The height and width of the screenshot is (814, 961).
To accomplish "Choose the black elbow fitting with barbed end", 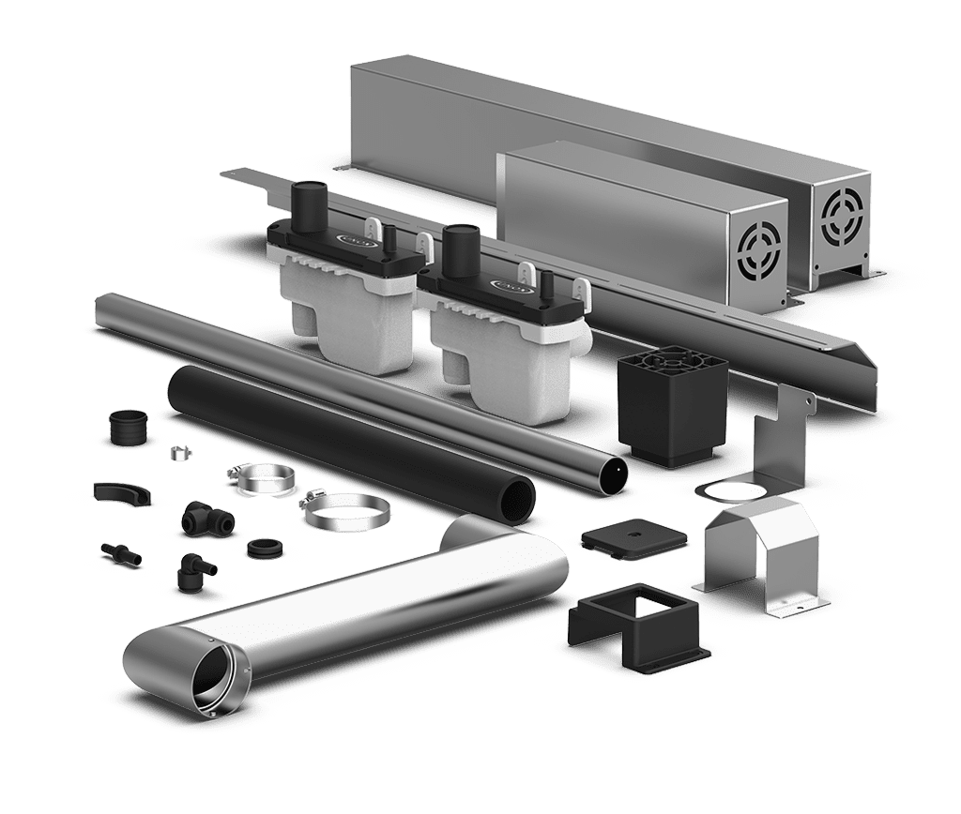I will coord(191,568).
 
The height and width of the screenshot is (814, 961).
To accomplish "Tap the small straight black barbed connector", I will coord(121,550).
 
